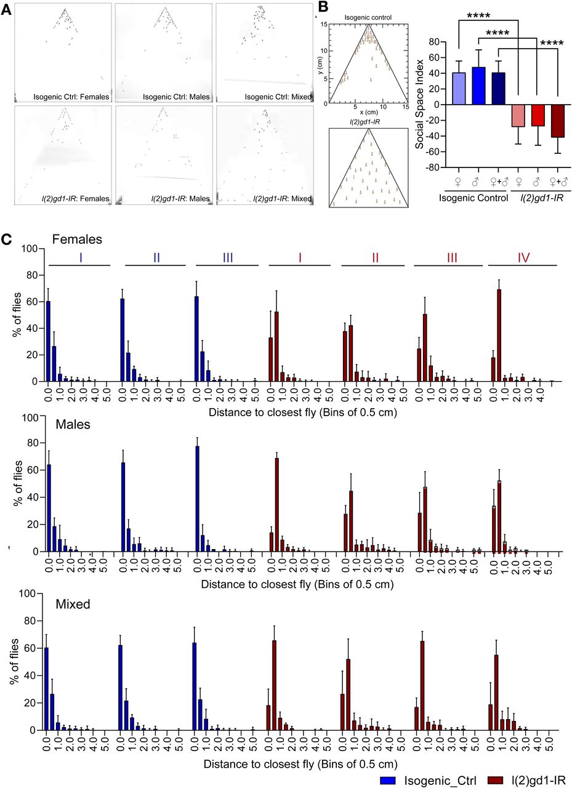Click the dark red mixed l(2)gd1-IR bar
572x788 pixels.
click(x=558, y=121)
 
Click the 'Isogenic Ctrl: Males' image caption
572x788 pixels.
click(x=176, y=96)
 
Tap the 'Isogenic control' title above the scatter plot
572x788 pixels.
click(x=368, y=18)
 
